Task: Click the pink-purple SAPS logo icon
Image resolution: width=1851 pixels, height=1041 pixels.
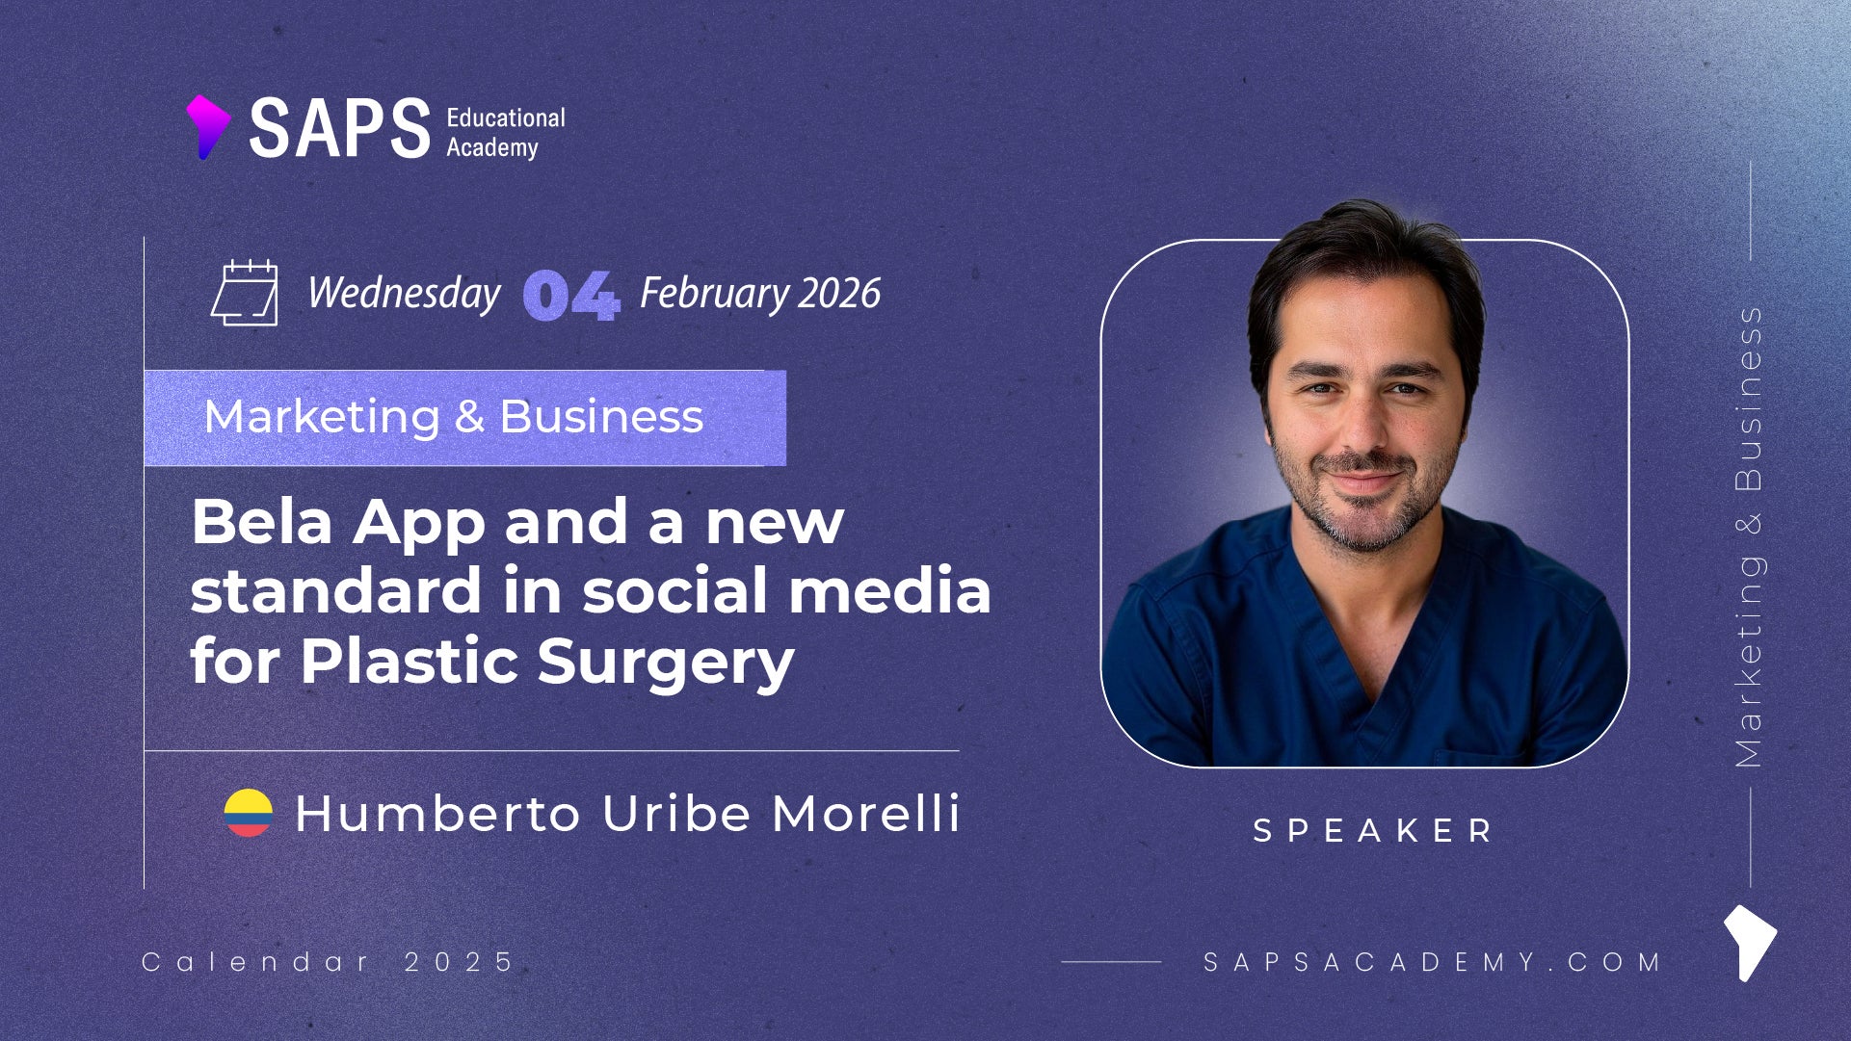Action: (x=207, y=126)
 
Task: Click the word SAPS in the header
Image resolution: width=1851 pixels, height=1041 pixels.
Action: (x=339, y=128)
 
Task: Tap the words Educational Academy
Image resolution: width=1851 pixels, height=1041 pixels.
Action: (x=505, y=132)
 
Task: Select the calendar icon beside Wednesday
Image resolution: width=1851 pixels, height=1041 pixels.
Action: (x=245, y=293)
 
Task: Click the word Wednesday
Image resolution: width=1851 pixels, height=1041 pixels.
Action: (x=404, y=293)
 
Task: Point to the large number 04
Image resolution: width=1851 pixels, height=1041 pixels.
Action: (x=570, y=295)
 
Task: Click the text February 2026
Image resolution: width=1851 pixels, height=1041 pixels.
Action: (x=760, y=293)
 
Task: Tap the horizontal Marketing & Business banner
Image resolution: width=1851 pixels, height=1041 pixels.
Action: (x=465, y=418)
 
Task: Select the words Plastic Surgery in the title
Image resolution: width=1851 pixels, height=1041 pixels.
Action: (x=547, y=662)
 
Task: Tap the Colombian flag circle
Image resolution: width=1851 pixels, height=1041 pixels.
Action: (x=249, y=813)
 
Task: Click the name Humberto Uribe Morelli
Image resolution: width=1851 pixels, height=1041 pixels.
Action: (x=627, y=813)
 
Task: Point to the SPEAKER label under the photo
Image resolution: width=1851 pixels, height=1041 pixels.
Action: (x=1372, y=830)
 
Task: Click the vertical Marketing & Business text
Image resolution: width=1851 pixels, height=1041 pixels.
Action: (x=1749, y=536)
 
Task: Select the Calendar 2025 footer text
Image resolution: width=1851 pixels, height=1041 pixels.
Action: (x=329, y=961)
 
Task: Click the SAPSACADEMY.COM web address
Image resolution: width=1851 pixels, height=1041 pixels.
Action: (x=1433, y=961)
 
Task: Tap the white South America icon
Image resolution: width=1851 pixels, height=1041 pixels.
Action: (x=1750, y=942)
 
